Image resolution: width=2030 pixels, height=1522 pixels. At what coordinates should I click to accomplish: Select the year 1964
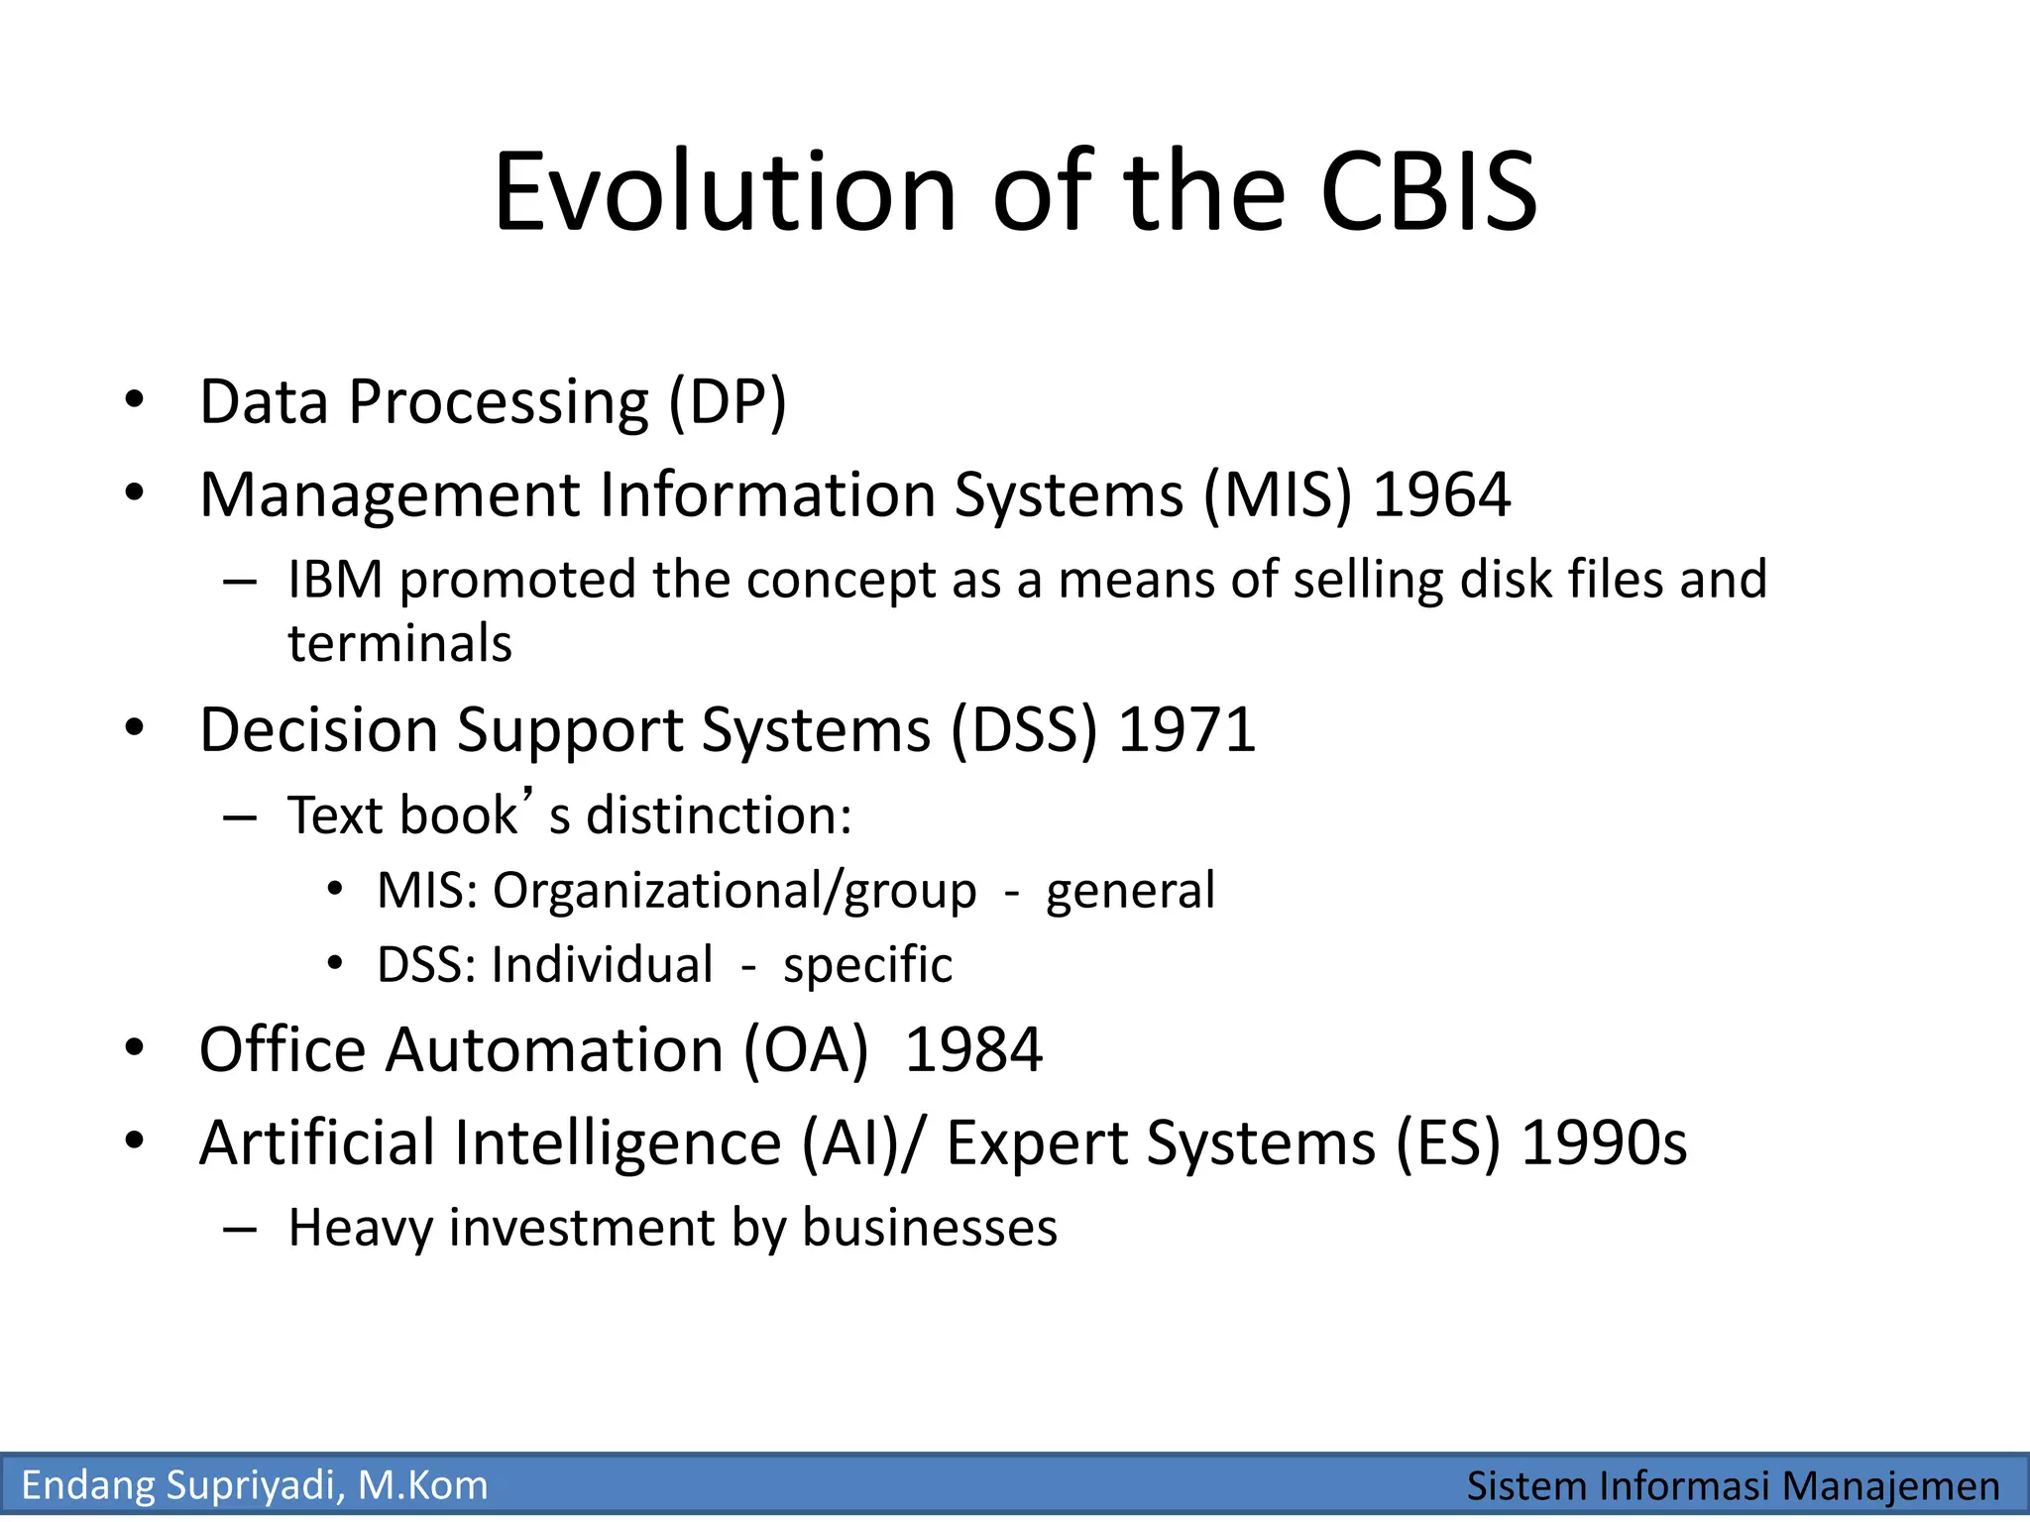tap(1442, 494)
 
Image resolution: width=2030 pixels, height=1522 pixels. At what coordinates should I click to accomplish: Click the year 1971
tap(1186, 730)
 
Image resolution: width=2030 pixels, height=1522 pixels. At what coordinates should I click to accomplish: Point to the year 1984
tap(973, 1050)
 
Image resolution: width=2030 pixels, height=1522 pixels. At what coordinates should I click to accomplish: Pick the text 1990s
tap(1604, 1142)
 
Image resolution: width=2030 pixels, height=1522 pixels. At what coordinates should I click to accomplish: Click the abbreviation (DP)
tap(728, 402)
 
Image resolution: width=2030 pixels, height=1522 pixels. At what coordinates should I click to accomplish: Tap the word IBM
tap(335, 580)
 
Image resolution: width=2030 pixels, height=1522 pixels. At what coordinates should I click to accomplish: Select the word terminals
tap(399, 644)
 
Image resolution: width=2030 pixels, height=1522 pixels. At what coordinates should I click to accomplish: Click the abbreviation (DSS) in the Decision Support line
tap(1024, 730)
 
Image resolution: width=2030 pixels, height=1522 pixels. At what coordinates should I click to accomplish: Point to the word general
tap(1130, 891)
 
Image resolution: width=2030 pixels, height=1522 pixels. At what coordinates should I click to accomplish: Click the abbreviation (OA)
tap(806, 1050)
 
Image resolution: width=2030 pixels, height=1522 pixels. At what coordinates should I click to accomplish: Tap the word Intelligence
tap(618, 1142)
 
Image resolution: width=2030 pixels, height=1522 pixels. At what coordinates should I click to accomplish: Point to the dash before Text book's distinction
tap(240, 818)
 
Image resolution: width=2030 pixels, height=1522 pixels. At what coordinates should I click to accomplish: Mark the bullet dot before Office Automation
tap(135, 1047)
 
